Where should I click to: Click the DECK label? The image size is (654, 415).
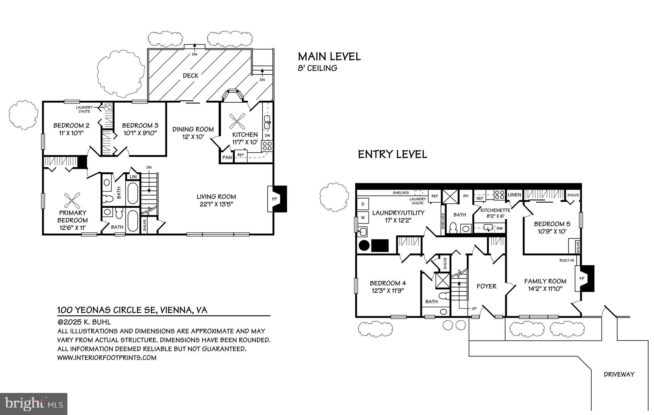pyautogui.click(x=191, y=76)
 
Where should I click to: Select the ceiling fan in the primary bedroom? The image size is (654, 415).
pyautogui.click(x=72, y=201)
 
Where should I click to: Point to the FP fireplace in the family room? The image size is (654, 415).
pyautogui.click(x=582, y=278)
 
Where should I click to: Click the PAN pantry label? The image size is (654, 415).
pyautogui.click(x=227, y=157)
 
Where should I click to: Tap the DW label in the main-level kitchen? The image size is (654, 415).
pyautogui.click(x=268, y=136)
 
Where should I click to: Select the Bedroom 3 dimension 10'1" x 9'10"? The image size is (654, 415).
pyautogui.click(x=140, y=133)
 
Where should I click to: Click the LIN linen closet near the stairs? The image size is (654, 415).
pyautogui.click(x=133, y=177)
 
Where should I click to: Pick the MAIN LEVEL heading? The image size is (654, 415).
pyautogui.click(x=329, y=57)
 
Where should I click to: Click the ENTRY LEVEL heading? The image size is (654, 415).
pyautogui.click(x=392, y=154)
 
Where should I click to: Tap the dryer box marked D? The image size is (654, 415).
pyautogui.click(x=363, y=204)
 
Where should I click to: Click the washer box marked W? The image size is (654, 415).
pyautogui.click(x=363, y=217)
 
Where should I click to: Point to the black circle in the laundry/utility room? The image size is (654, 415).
pyautogui.click(x=364, y=246)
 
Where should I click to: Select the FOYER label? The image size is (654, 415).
pyautogui.click(x=486, y=286)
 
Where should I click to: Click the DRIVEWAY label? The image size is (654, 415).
pyautogui.click(x=619, y=374)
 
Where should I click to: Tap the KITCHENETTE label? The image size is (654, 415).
pyautogui.click(x=495, y=210)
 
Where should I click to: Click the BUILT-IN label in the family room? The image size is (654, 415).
pyautogui.click(x=567, y=260)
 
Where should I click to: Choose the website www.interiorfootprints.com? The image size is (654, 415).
pyautogui.click(x=107, y=358)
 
